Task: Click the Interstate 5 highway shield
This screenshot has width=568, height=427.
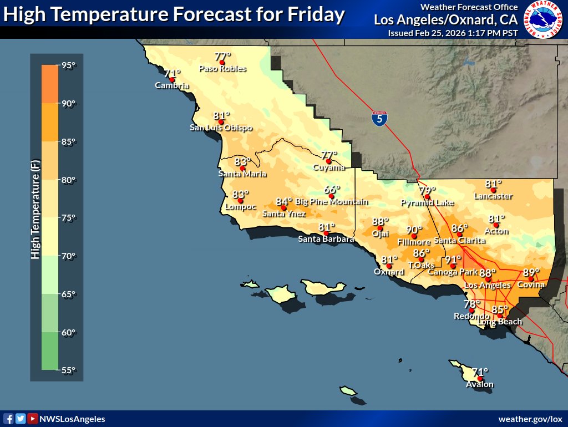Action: [x=379, y=118]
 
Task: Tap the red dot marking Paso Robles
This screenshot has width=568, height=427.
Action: [x=222, y=63]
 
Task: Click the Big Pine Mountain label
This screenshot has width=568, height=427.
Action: [x=331, y=202]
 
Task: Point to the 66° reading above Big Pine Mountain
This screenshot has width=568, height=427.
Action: [x=332, y=190]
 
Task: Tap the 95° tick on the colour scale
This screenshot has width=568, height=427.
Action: [x=68, y=65]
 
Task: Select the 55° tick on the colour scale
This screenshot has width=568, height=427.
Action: [x=68, y=370]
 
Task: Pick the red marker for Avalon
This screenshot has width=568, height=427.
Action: [x=480, y=379]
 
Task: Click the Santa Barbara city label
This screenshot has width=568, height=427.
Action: [x=326, y=239]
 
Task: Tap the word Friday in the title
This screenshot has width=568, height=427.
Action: [x=317, y=15]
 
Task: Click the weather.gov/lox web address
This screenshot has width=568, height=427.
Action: [x=530, y=419]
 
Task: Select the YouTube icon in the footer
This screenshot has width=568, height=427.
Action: [x=33, y=419]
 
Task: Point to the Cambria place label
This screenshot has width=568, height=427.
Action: [x=172, y=86]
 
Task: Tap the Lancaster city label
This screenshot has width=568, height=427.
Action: [x=493, y=196]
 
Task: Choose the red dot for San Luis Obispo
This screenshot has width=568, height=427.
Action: [x=221, y=122]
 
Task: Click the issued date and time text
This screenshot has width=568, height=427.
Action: [x=453, y=33]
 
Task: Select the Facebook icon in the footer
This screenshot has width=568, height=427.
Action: [x=8, y=419]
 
